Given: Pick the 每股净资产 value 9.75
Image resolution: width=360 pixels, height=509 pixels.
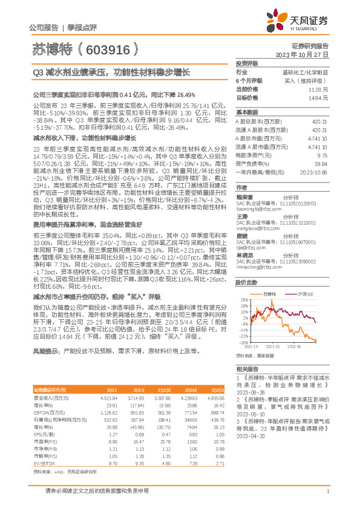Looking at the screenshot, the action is coord(322,154).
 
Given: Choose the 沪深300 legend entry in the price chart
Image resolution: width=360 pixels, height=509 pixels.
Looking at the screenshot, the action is coord(306,293).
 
